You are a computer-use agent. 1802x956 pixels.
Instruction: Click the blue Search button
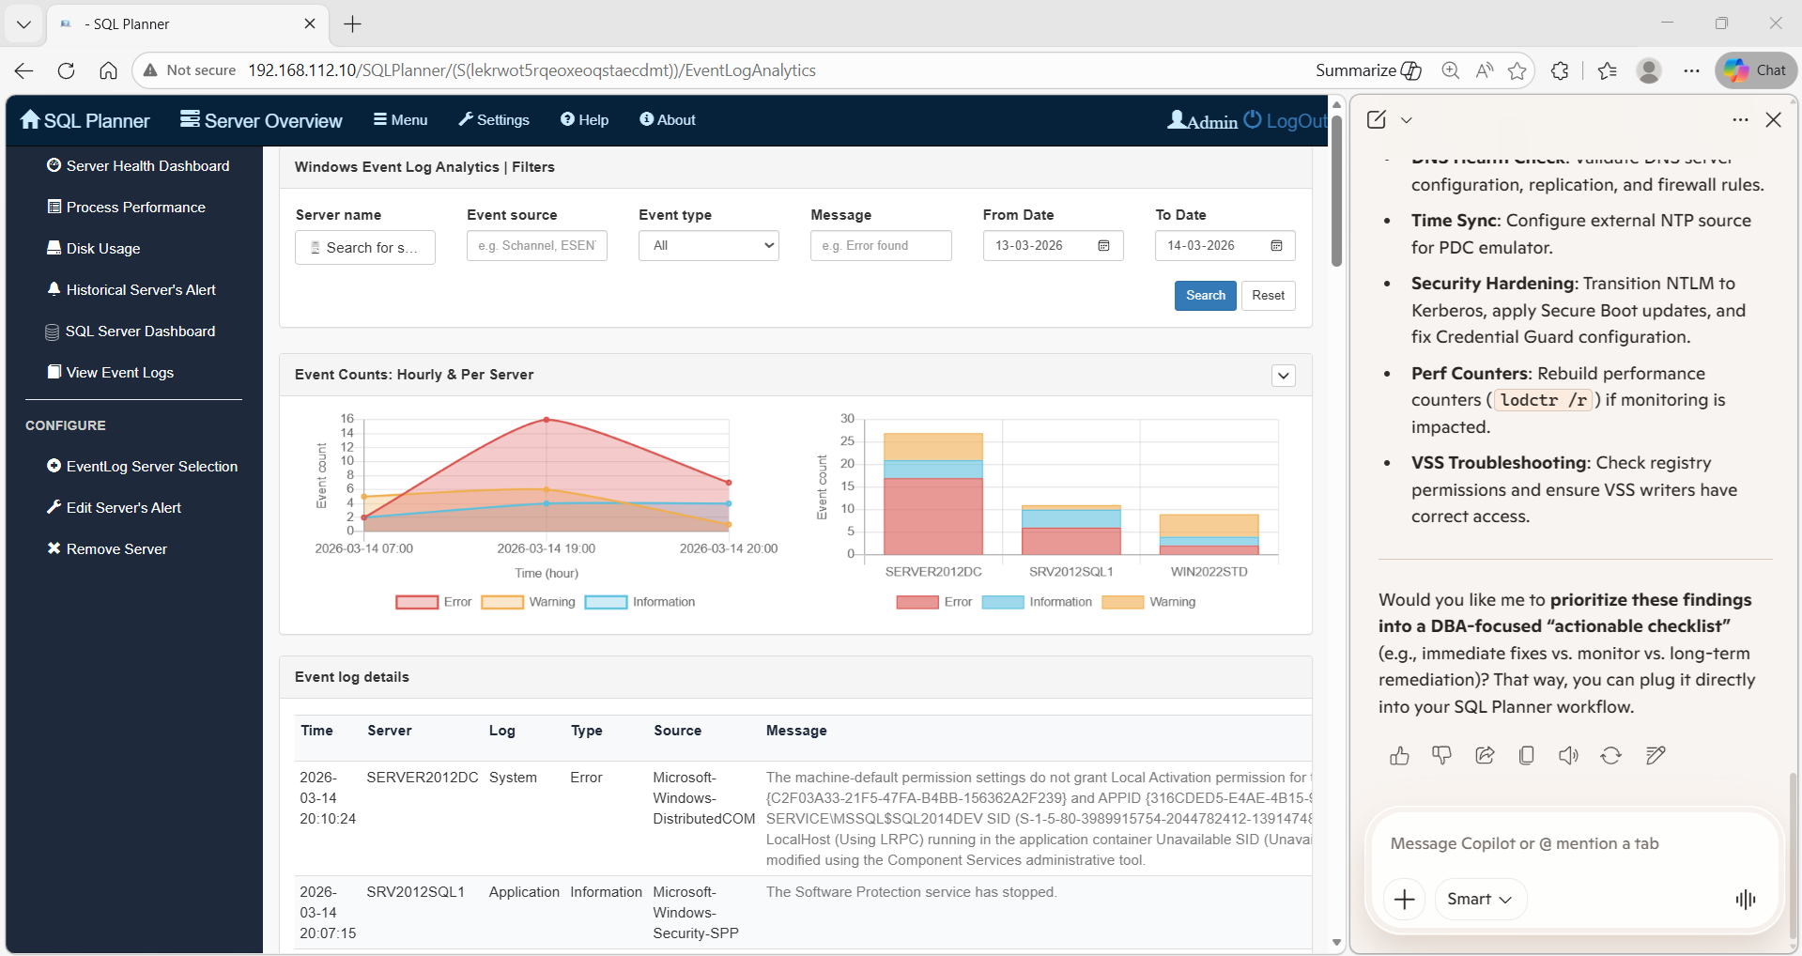coord(1205,296)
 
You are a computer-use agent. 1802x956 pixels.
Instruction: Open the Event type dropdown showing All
coord(709,246)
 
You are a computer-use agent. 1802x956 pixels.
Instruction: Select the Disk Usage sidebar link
coord(102,249)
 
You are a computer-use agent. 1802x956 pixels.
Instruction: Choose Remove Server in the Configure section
coord(116,549)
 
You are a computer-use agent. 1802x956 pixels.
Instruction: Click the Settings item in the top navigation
coord(494,120)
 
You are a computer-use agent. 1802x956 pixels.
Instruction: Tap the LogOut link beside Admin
coord(1295,121)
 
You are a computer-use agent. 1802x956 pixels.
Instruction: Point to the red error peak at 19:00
coord(547,420)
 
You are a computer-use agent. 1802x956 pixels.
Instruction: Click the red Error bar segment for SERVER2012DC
coord(932,516)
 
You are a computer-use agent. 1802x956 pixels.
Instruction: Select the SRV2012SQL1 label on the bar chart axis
coord(1070,572)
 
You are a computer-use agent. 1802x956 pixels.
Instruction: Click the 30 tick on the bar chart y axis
coord(847,419)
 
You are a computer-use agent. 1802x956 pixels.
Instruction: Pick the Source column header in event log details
coord(677,731)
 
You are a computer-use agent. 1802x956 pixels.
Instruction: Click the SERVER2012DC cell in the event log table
coord(422,778)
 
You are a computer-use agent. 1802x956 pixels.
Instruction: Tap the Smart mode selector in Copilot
coord(1480,900)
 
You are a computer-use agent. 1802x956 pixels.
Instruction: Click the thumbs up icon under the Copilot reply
coord(1399,756)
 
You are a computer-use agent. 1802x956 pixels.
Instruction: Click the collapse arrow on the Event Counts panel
coord(1283,376)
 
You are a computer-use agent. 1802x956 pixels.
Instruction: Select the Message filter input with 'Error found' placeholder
coord(880,246)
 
